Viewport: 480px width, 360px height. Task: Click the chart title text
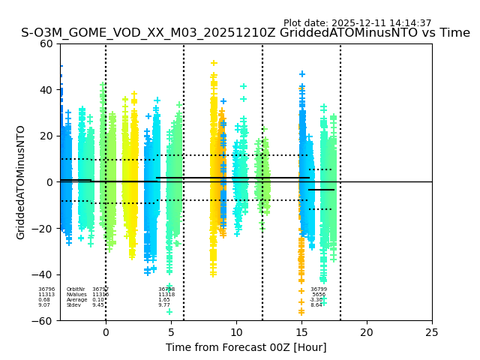245,33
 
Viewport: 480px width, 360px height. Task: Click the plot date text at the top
357,23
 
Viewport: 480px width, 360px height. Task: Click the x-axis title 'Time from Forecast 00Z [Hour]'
246,347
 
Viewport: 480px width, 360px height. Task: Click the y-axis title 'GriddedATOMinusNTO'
21,182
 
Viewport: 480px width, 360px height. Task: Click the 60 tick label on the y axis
46,43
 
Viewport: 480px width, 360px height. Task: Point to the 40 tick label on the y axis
46,90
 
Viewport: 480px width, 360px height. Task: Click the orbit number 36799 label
319,289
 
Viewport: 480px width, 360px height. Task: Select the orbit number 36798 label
166,289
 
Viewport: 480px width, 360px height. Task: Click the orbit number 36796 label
46,289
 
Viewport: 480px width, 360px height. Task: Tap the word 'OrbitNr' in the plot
76,289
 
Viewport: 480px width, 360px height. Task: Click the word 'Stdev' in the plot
73,305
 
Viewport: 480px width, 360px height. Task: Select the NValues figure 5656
319,295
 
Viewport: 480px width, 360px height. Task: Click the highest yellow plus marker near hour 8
214,63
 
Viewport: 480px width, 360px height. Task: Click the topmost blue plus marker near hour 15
302,74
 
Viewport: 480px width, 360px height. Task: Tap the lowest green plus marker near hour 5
169,312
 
